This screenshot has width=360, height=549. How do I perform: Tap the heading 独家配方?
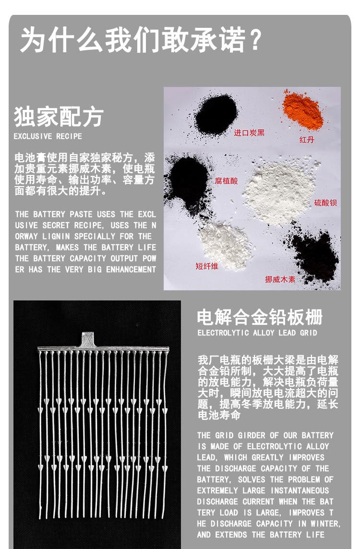(x=59, y=117)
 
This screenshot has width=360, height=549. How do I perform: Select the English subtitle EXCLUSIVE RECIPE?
(x=48, y=136)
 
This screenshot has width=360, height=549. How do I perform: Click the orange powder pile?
(x=303, y=110)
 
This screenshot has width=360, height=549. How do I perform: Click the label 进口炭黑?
(x=249, y=132)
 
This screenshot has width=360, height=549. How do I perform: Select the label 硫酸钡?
(x=325, y=203)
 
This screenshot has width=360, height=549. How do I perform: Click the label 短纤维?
(x=207, y=265)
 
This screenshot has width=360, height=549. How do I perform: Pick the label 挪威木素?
(x=280, y=279)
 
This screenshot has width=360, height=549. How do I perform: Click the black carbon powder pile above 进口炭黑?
(x=216, y=114)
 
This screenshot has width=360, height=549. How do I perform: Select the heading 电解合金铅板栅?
(x=260, y=317)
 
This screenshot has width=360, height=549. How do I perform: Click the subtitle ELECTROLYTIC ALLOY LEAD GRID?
(x=257, y=333)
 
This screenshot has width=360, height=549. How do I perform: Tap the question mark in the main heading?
(x=254, y=39)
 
